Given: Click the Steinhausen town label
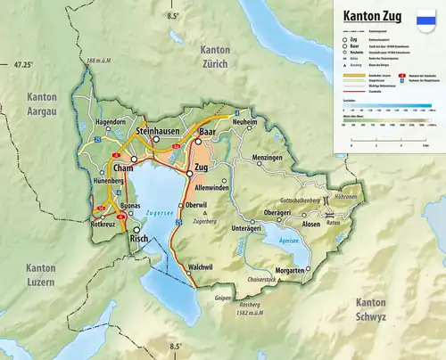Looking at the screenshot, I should click(158, 129).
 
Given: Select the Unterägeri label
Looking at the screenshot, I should click(248, 229).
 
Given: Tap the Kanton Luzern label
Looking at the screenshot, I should click(40, 274).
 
